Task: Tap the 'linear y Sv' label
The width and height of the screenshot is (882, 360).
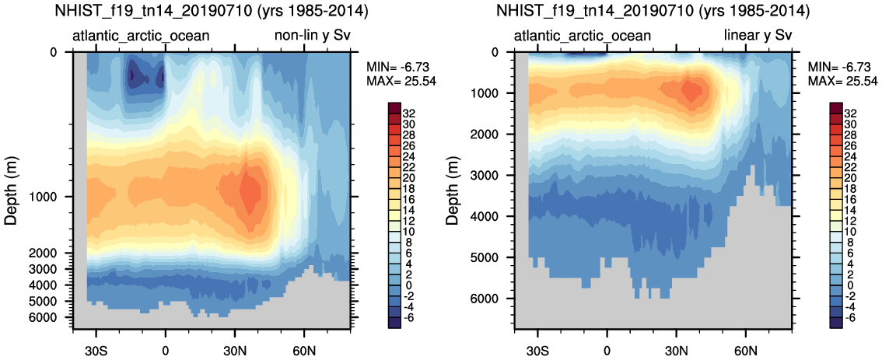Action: [758, 36]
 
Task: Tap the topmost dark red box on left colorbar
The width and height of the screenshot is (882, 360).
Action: [393, 108]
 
